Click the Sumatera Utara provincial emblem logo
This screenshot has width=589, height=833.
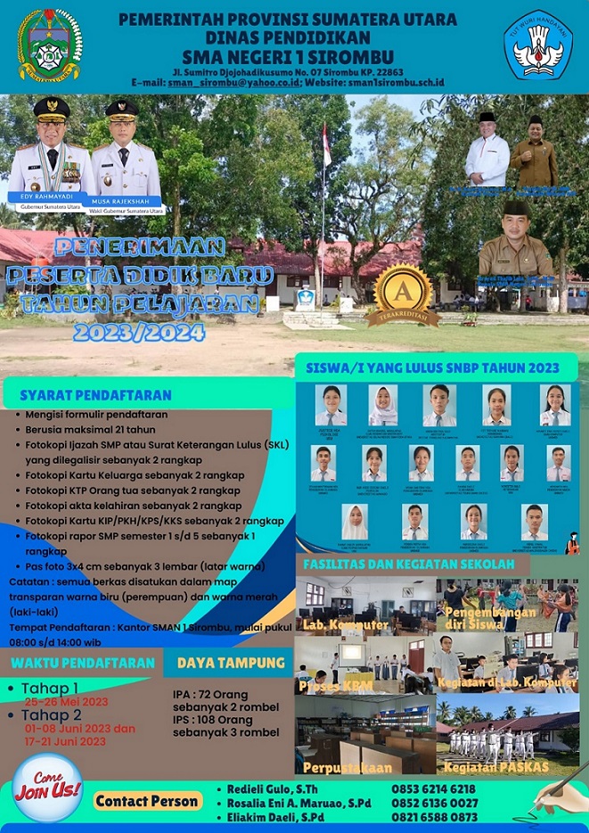pos(50,45)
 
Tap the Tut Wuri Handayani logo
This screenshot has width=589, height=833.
pos(537,45)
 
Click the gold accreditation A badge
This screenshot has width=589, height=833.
pos(404,295)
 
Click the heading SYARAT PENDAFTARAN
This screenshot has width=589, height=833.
pos(96,394)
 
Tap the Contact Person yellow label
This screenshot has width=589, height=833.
pos(147,801)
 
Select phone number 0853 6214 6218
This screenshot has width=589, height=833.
pos(434,788)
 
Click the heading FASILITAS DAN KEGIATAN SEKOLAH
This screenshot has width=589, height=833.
pos(408,564)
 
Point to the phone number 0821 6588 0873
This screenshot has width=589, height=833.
pos(434,816)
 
